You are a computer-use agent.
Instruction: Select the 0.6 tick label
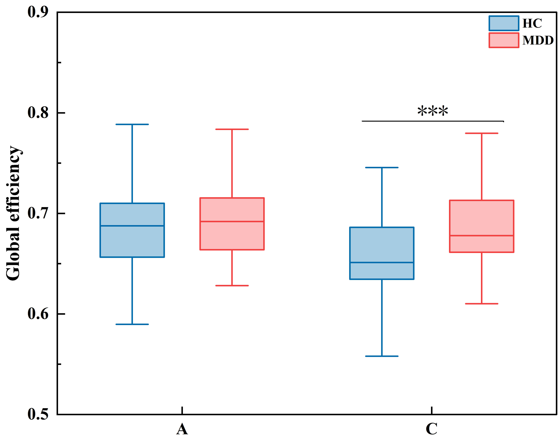click(38, 314)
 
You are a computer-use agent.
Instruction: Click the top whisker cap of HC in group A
click(132, 124)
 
